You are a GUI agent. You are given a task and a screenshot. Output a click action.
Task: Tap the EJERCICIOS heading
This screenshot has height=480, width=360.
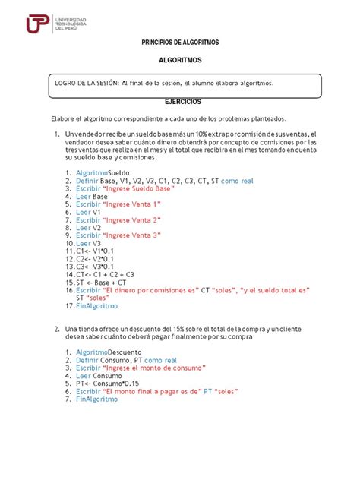(180, 101)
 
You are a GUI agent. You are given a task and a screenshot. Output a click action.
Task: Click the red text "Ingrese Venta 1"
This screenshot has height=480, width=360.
(137, 204)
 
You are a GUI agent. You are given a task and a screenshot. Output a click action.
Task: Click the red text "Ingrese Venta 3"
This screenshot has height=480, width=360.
(137, 235)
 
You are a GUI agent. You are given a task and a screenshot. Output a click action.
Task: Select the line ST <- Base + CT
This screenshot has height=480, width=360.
(103, 282)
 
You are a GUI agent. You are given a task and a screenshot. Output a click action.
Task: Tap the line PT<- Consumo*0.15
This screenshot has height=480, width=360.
(111, 383)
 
